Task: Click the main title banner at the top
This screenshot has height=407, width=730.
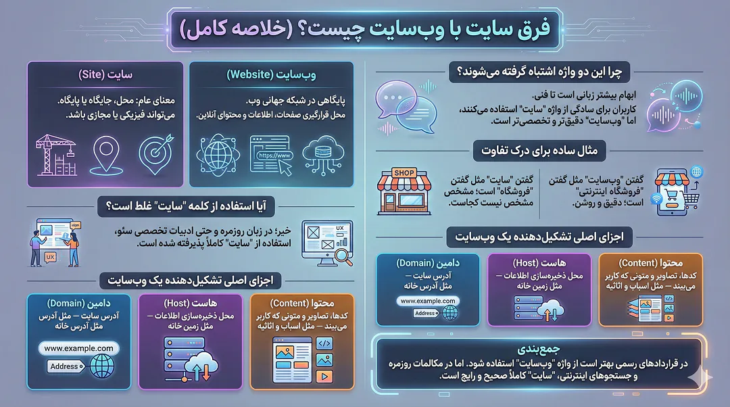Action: (x=365, y=30)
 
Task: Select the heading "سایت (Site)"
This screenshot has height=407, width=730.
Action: (x=105, y=74)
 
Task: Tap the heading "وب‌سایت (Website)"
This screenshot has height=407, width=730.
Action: (x=271, y=74)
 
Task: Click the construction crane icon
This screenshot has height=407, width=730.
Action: (x=56, y=153)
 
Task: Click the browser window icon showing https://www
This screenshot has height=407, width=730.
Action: (x=272, y=155)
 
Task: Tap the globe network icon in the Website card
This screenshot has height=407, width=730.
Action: (x=220, y=155)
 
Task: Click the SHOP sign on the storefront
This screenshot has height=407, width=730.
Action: (x=404, y=174)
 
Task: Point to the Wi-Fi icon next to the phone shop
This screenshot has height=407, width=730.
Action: (x=655, y=200)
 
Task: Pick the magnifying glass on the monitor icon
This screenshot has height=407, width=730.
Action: (x=342, y=255)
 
